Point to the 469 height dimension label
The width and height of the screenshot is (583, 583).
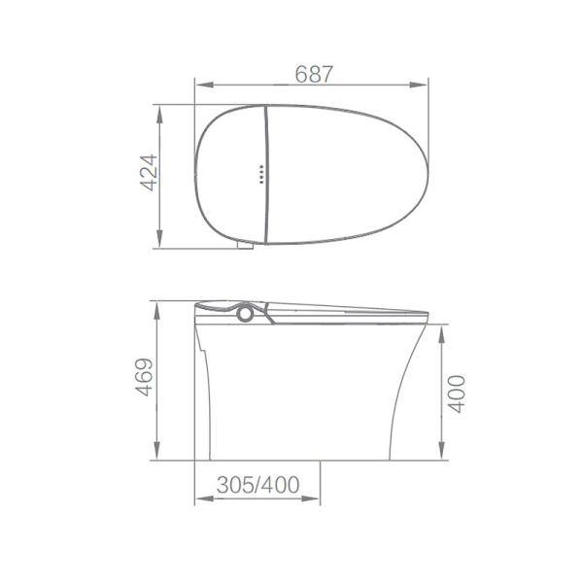click(144, 380)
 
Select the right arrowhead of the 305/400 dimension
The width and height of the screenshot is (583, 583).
click(314, 500)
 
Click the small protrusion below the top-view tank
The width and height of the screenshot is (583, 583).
click(245, 246)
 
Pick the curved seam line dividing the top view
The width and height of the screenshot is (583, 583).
click(266, 175)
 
